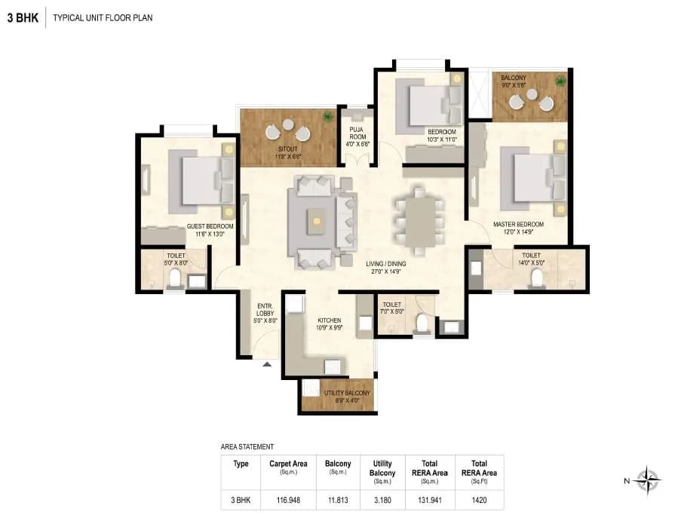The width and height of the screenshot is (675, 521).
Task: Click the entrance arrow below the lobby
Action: [x=266, y=365]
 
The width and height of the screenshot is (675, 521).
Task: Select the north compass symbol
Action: [x=647, y=480]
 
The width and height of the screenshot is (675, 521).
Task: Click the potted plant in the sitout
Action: [x=327, y=117]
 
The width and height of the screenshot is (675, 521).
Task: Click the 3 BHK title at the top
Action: [x=23, y=17]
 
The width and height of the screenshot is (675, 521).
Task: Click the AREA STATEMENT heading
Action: [x=247, y=447]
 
